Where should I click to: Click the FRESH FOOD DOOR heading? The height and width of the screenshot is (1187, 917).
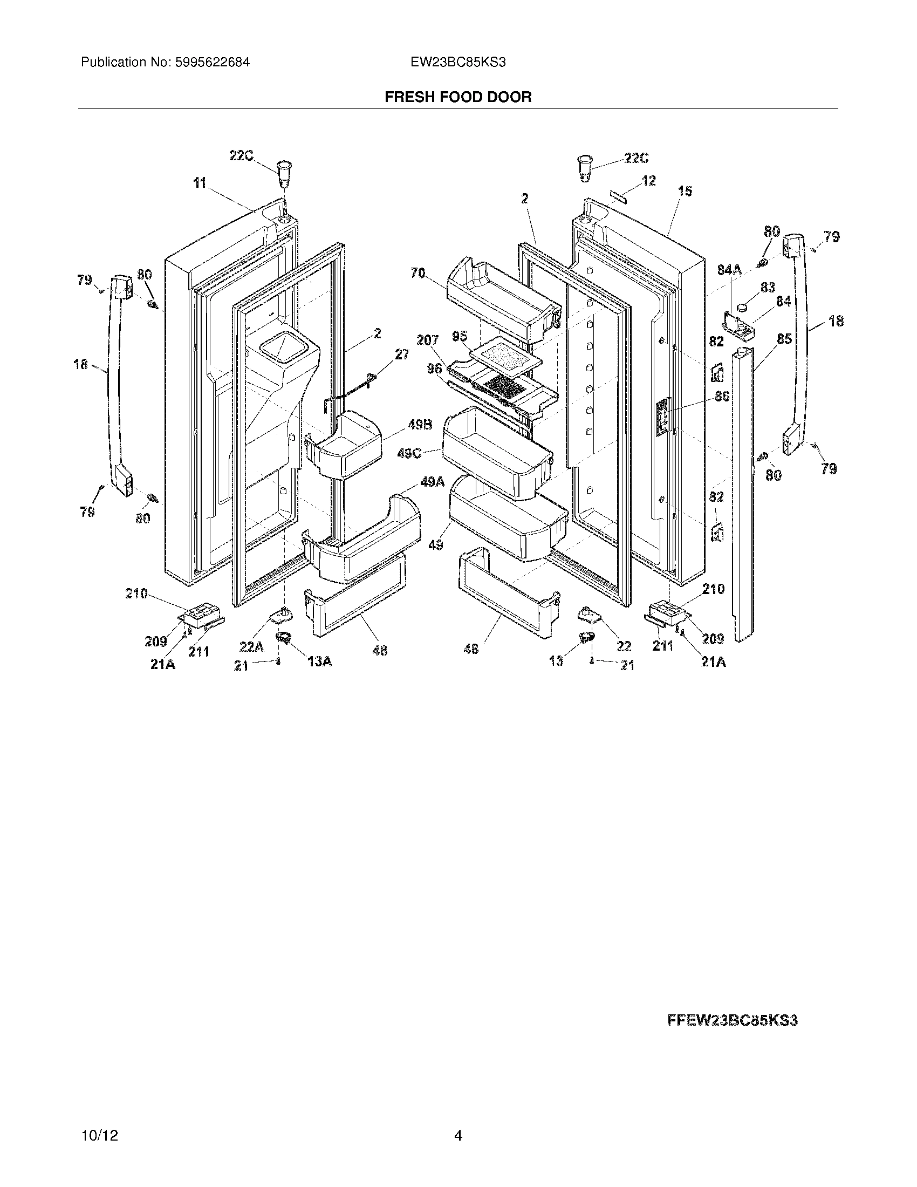458,97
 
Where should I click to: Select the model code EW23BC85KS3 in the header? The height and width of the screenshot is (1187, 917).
458,63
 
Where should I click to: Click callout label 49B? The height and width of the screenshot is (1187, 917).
420,425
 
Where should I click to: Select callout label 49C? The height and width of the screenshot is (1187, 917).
409,452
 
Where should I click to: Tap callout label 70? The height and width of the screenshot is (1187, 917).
418,273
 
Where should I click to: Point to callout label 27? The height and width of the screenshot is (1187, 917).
402,354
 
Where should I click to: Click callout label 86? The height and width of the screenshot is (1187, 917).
722,397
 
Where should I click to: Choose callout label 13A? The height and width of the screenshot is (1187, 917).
320,661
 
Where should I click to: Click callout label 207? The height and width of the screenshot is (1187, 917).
427,340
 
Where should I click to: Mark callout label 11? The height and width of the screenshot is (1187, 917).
200,183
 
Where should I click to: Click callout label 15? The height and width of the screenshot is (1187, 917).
685,192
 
